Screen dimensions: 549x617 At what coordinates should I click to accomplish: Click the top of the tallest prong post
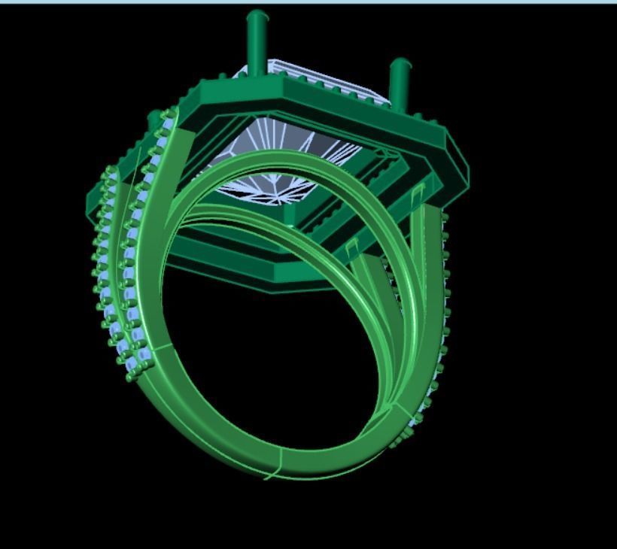pyautogui.click(x=257, y=16)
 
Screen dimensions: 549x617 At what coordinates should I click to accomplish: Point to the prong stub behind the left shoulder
pyautogui.click(x=153, y=120)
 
